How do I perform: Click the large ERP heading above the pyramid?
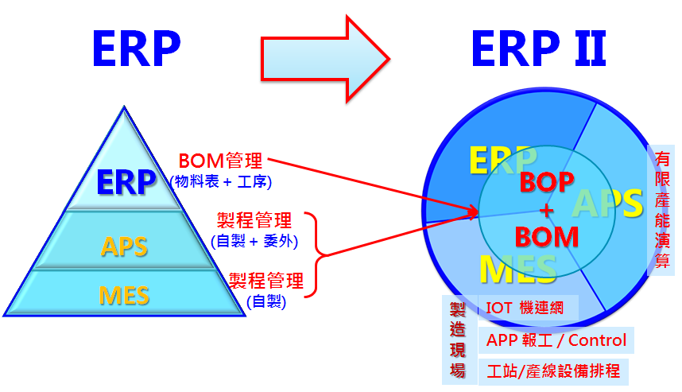pyautogui.click(x=136, y=49)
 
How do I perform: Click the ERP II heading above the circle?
pyautogui.click(x=539, y=49)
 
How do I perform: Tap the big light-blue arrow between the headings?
pyautogui.click(x=325, y=59)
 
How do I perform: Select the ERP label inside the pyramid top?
pyautogui.click(x=126, y=182)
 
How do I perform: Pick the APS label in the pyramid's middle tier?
pyautogui.click(x=124, y=246)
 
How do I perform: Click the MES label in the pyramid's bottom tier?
pyautogui.click(x=124, y=296)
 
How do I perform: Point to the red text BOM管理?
pyautogui.click(x=220, y=161)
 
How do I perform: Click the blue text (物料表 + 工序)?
pyautogui.click(x=221, y=181)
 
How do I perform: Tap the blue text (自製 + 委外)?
pyautogui.click(x=254, y=241)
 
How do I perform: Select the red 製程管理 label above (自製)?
pyautogui.click(x=266, y=281)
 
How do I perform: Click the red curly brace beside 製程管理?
pyautogui.click(x=317, y=255)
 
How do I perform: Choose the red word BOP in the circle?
pyautogui.click(x=547, y=182)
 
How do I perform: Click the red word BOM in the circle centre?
pyautogui.click(x=547, y=237)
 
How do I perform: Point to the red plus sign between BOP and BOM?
pyautogui.click(x=547, y=211)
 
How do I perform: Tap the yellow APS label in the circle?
pyautogui.click(x=607, y=204)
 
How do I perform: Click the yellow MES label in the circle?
pyautogui.click(x=518, y=270)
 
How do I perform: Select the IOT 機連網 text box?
pyautogui.click(x=528, y=308)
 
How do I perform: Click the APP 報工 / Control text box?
pyautogui.click(x=556, y=340)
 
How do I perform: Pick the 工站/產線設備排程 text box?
pyautogui.click(x=553, y=371)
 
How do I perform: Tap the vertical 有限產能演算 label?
pyautogui.click(x=661, y=210)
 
